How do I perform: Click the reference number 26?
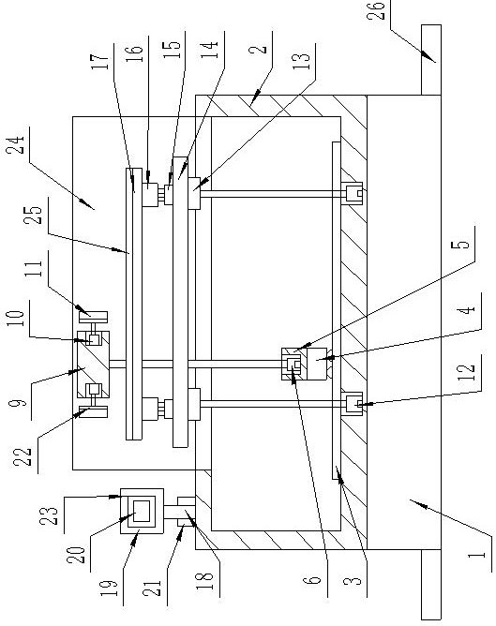[376, 11]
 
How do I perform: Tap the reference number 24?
[17, 145]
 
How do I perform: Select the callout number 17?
[99, 60]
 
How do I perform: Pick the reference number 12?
[466, 372]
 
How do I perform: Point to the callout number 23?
[49, 515]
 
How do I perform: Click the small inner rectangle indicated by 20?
[142, 511]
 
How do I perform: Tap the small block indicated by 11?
[93, 317]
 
